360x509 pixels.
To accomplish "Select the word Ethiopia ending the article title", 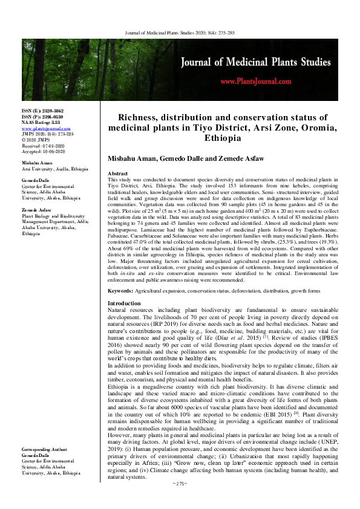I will (222, 138).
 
